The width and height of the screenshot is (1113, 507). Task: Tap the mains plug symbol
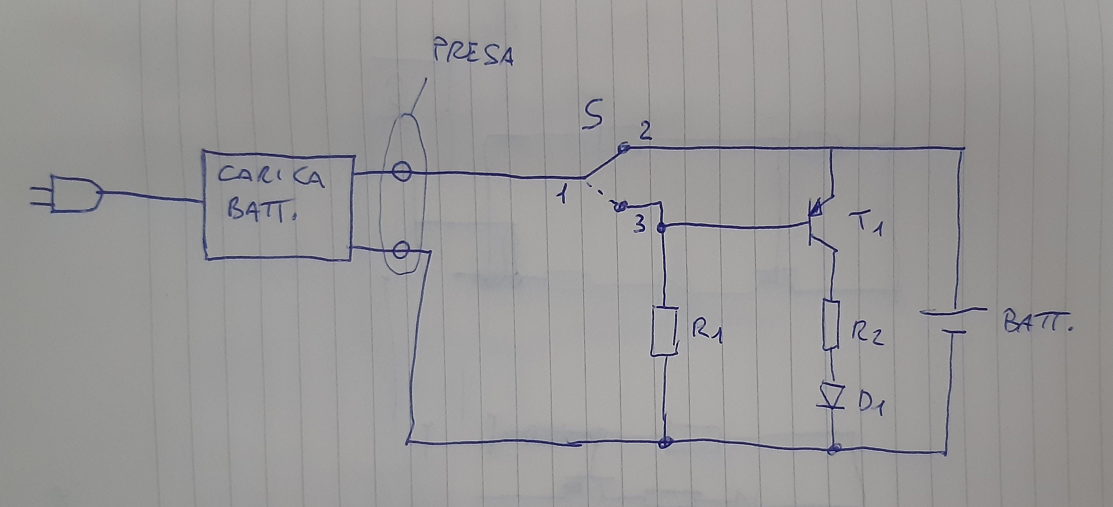pos(73,195)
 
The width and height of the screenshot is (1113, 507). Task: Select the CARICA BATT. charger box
pos(278,204)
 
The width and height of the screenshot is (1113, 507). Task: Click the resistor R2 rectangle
pos(830,324)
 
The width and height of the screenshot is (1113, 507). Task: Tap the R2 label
pos(867,333)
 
